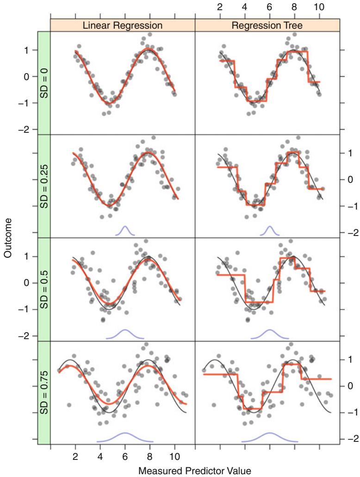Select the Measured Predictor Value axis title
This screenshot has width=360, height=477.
195,471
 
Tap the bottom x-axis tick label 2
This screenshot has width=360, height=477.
75,457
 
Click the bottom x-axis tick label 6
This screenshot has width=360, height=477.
125,457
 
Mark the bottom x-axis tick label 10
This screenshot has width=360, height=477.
174,457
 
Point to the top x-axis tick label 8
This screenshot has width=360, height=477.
294,6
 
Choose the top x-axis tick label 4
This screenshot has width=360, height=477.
244,6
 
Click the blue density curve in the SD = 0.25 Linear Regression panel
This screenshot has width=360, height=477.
125,229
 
